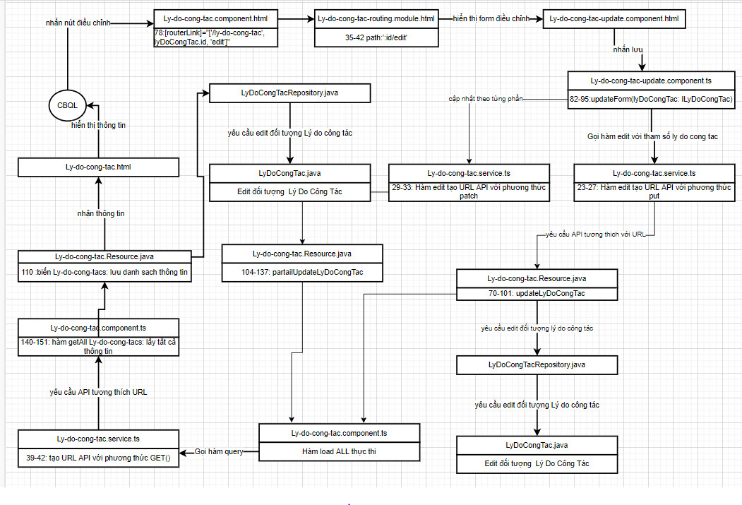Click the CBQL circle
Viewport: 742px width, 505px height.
point(67,105)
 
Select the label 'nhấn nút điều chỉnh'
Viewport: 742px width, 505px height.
point(77,23)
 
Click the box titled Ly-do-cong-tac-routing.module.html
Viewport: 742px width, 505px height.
point(377,18)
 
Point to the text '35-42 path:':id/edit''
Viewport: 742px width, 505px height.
point(377,37)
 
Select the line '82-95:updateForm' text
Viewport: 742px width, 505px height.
point(652,100)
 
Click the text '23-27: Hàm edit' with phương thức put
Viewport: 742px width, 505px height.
point(653,191)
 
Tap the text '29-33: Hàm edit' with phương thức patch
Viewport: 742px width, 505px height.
point(468,191)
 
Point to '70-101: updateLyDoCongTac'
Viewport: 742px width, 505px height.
point(537,292)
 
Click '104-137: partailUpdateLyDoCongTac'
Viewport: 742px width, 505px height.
point(302,273)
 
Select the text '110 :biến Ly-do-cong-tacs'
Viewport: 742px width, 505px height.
point(104,272)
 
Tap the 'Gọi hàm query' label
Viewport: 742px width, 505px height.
point(220,451)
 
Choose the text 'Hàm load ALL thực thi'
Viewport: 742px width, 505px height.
point(339,451)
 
